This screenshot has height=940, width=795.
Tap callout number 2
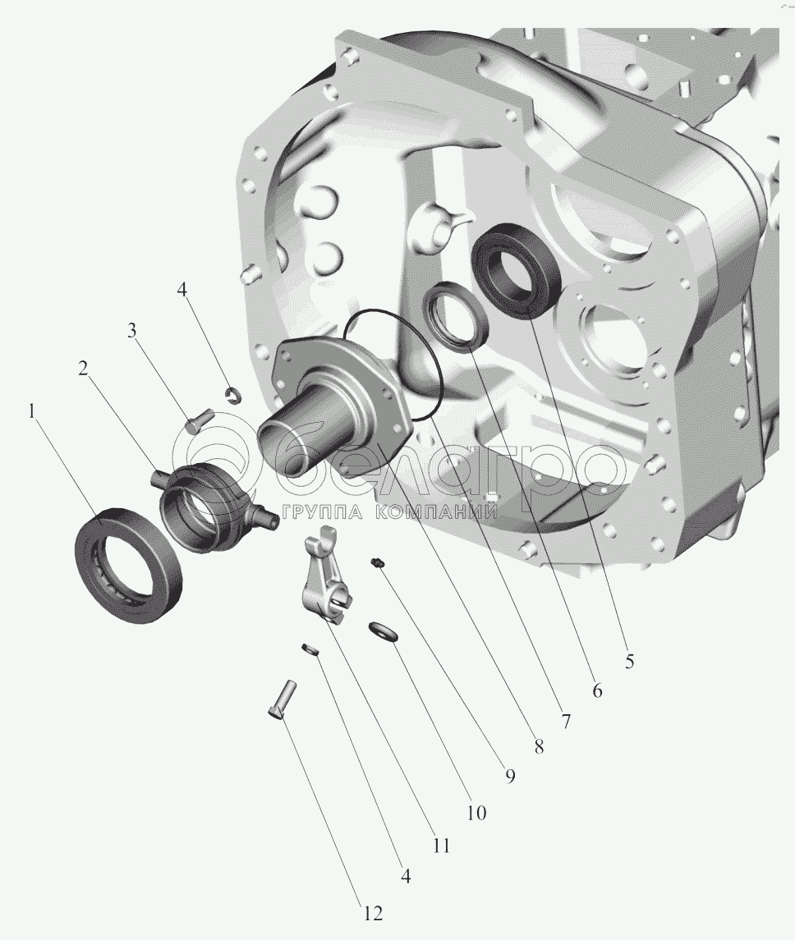[83, 369]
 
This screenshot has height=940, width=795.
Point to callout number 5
[629, 661]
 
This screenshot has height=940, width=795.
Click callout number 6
[596, 690]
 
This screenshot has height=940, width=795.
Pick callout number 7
[565, 721]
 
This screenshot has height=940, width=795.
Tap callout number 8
[538, 746]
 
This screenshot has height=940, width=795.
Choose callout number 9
[509, 777]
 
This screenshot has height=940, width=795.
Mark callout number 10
[476, 813]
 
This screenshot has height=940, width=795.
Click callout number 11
[441, 846]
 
